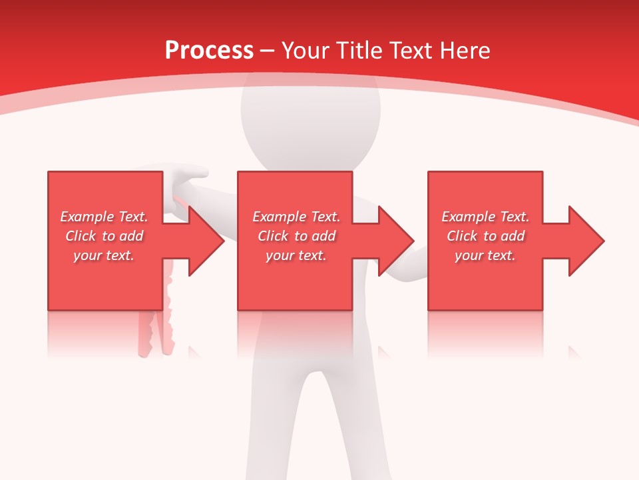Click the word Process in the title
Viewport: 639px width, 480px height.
click(x=209, y=51)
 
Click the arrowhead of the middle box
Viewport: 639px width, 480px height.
click(x=395, y=241)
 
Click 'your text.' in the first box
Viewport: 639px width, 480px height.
click(x=104, y=255)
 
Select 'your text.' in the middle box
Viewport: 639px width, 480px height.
click(x=296, y=255)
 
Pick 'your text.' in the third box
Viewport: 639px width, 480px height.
click(x=485, y=255)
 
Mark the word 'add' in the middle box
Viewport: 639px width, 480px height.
click(x=323, y=236)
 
